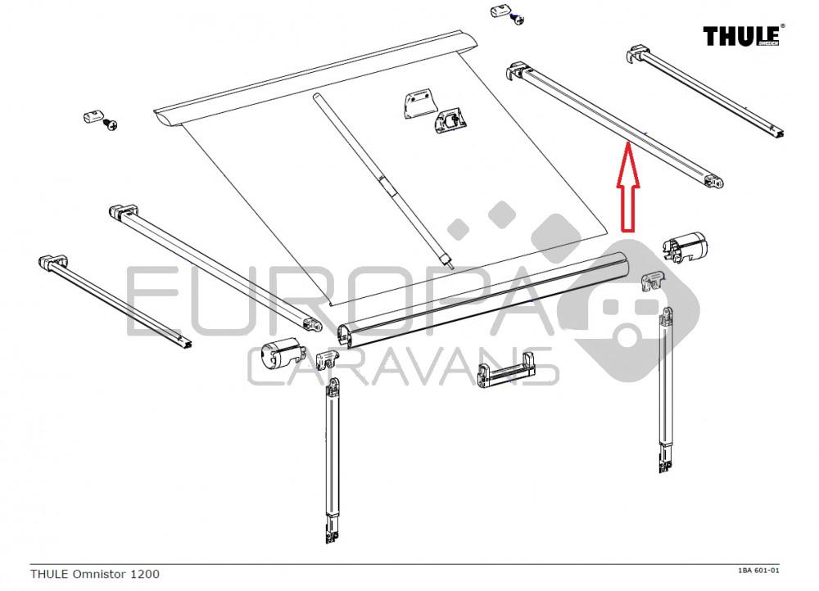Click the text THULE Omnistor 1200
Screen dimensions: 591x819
[95, 575]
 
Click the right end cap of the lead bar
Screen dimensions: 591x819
[688, 246]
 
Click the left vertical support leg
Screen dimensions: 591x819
[333, 458]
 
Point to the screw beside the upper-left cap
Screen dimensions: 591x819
[110, 123]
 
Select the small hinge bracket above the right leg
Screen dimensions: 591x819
[653, 281]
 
